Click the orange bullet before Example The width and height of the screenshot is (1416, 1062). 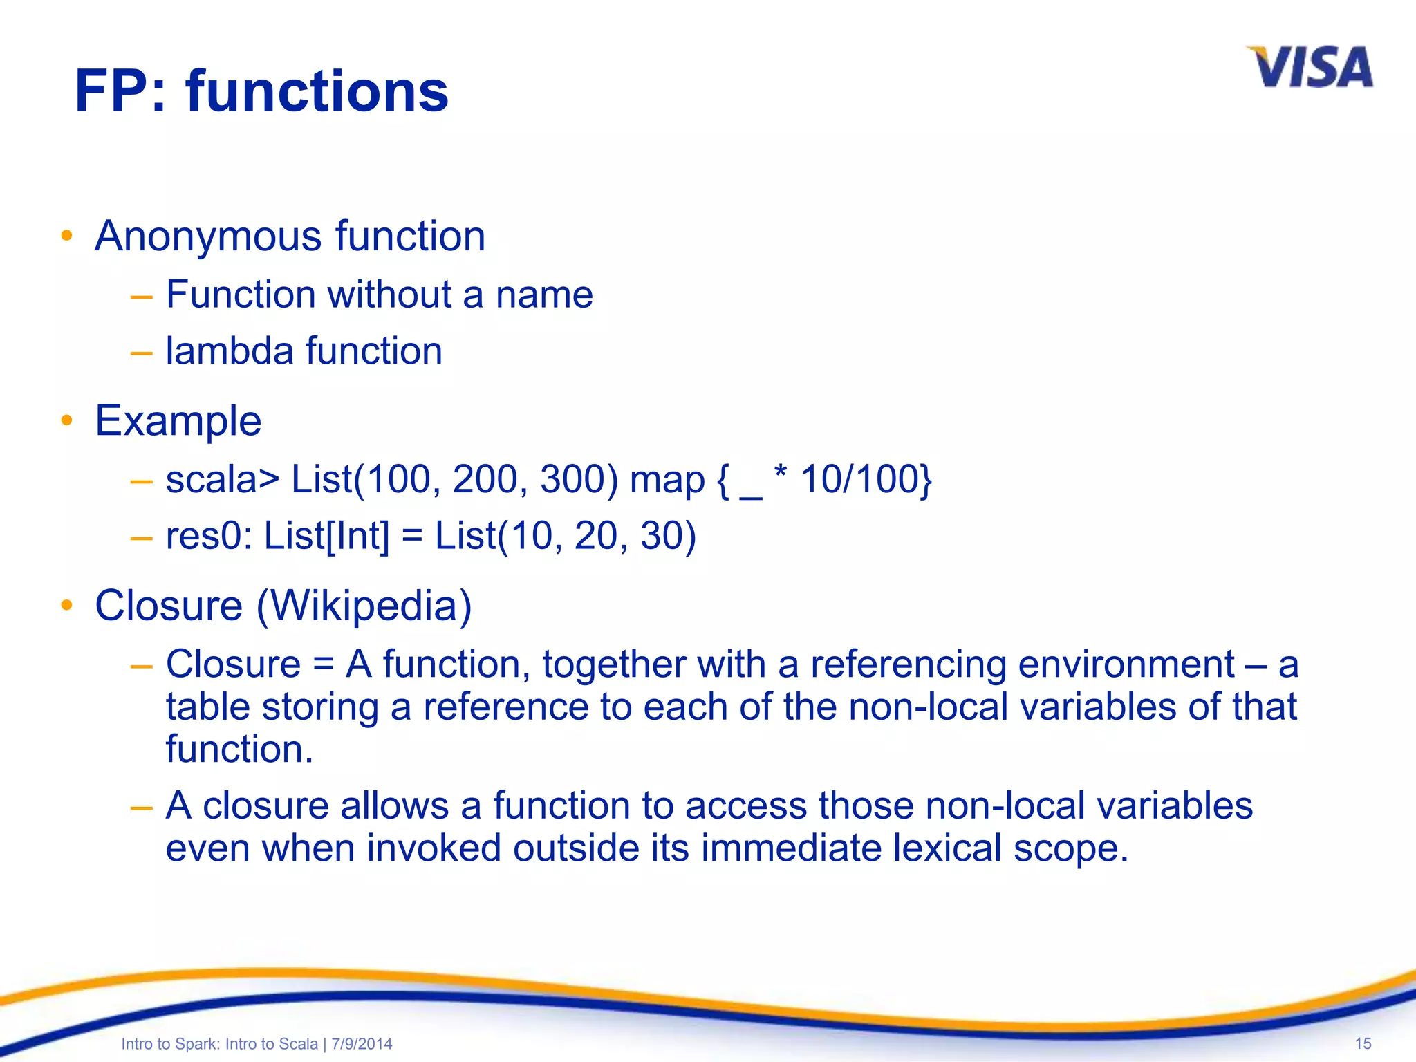coord(66,420)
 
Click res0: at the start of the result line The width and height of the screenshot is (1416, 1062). coord(209,536)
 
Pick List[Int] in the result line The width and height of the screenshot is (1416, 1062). coord(326,536)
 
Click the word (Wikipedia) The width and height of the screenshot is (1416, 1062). coord(364,606)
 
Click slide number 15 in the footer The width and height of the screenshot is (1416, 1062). coord(1362,1043)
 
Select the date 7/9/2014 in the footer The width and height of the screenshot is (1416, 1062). coord(362,1044)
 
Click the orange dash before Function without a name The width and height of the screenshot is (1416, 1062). coord(141,297)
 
